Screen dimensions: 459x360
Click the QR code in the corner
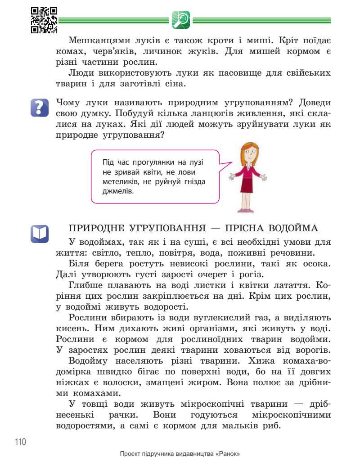(44, 20)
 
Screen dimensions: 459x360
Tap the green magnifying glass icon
(181, 20)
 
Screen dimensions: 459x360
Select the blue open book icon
(39, 234)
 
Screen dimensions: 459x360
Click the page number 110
(21, 441)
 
